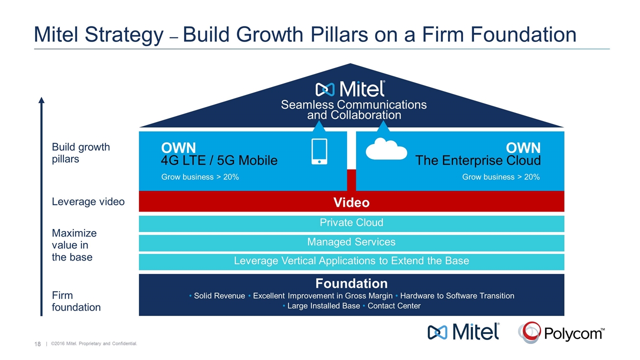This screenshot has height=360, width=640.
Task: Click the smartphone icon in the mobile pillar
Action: tap(319, 151)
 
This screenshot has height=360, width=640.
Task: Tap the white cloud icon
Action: tap(386, 148)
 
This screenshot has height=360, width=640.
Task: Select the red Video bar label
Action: tap(351, 202)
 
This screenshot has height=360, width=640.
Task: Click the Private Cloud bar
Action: tap(351, 223)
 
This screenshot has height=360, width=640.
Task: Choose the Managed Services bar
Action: tap(351, 242)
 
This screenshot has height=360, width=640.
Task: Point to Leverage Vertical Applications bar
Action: tap(351, 261)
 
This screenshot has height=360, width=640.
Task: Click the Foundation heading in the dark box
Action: tap(351, 284)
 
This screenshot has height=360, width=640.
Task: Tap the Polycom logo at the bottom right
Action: tap(561, 332)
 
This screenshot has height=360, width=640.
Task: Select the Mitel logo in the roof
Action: tap(350, 89)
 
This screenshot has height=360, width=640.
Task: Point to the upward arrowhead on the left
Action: tap(41, 100)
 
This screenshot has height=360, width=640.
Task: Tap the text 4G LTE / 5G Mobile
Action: tap(219, 160)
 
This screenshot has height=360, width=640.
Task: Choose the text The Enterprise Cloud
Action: tap(478, 160)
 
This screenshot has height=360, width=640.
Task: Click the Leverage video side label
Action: tap(88, 201)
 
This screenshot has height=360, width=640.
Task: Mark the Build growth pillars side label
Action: tap(81, 153)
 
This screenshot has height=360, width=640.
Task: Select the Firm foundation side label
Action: tap(76, 301)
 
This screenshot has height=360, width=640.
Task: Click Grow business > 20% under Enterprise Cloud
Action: tap(501, 177)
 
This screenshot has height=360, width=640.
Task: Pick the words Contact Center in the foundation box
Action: tap(394, 306)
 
